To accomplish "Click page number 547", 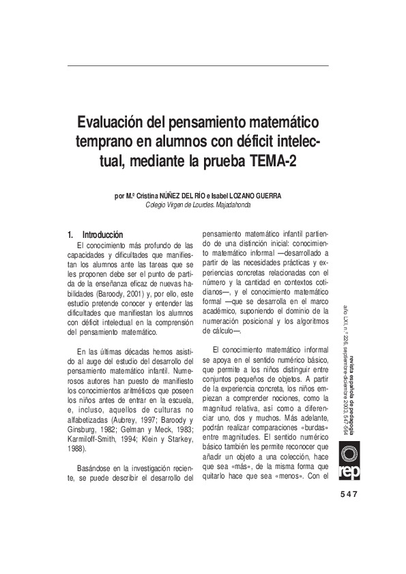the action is coord(348,494).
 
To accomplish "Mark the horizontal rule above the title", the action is coord(199,65).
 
